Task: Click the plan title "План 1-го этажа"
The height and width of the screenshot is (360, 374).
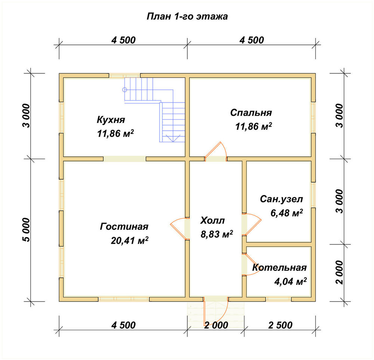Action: click(x=187, y=16)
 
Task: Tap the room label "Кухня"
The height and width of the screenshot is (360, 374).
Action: click(x=111, y=119)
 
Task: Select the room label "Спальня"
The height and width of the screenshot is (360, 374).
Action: click(x=251, y=113)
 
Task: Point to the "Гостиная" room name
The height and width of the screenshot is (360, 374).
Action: click(x=124, y=226)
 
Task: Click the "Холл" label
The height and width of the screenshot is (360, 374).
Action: click(x=212, y=220)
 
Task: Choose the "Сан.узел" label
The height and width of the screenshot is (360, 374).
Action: click(x=282, y=199)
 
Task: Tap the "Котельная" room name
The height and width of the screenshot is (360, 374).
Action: click(x=279, y=267)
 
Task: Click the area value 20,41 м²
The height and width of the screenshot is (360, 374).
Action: click(x=129, y=240)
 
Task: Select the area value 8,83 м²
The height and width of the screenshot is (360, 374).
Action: click(x=217, y=234)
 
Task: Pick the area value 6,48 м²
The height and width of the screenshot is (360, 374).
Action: click(x=287, y=213)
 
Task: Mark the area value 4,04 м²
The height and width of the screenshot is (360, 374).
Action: click(x=290, y=281)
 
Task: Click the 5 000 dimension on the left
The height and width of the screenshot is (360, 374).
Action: click(x=27, y=230)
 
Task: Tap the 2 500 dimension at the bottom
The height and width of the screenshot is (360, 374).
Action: click(x=280, y=325)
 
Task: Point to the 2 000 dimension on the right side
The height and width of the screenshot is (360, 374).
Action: click(x=340, y=272)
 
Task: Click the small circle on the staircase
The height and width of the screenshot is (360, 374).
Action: click(x=125, y=90)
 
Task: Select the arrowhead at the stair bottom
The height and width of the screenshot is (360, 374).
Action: click(x=172, y=138)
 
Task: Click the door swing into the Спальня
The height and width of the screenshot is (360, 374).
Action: click(x=216, y=151)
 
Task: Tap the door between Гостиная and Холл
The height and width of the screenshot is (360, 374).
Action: click(x=179, y=228)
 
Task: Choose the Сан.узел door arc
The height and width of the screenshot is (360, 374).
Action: click(x=253, y=224)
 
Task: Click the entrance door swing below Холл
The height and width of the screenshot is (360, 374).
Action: click(x=216, y=313)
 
